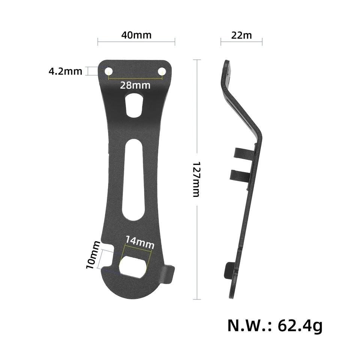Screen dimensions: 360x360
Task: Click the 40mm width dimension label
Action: [x=136, y=35]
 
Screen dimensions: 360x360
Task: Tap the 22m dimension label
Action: [x=241, y=35]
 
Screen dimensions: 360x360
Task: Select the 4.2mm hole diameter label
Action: [x=65, y=71]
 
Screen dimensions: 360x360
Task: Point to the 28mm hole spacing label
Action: [x=135, y=85]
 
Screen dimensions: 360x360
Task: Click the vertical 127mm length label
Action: [x=196, y=179]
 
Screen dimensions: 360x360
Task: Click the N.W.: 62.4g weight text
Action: [x=275, y=325]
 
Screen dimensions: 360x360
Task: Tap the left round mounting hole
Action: [x=109, y=71]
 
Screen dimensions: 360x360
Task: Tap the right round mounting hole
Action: [x=162, y=71]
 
